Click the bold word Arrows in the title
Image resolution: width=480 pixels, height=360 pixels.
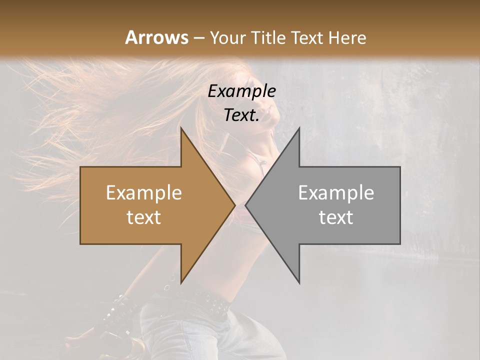tap(156, 37)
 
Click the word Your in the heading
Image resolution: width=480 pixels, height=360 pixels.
tap(228, 37)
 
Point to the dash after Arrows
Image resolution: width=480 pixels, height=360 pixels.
tap(198, 38)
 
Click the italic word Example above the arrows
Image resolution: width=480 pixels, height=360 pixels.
tap(241, 91)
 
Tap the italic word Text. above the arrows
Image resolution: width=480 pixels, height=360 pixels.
tap(241, 115)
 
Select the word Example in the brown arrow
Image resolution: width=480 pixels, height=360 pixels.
tap(143, 193)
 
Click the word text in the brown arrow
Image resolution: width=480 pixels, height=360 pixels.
tap(143, 217)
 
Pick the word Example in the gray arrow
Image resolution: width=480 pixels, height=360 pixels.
tap(336, 193)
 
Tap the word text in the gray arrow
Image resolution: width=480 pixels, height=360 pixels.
tap(336, 217)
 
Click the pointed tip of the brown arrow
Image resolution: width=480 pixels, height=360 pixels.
tap(235, 205)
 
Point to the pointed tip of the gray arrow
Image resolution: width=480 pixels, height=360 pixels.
tap(245, 205)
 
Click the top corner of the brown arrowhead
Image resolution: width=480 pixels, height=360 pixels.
tap(181, 127)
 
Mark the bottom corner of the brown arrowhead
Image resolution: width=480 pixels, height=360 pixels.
tap(181, 283)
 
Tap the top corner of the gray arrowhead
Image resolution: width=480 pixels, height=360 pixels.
tap(299, 127)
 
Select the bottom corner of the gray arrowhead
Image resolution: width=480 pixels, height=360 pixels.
tap(299, 283)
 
